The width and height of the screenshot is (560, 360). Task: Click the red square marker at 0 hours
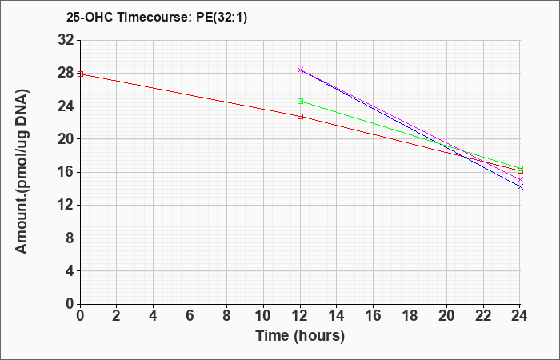80,74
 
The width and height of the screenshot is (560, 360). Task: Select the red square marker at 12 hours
300,117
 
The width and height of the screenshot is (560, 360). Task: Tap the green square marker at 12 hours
300,102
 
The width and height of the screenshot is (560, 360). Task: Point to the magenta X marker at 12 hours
300,70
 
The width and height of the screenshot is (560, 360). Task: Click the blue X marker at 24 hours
520,186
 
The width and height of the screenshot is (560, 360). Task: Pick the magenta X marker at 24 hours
520,180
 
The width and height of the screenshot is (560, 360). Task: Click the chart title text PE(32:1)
222,18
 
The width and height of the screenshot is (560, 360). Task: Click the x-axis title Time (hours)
300,336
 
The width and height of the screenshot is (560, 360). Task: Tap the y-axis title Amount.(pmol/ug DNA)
22,171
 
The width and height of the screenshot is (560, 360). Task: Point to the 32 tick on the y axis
66,40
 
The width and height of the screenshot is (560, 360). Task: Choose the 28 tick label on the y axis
66,74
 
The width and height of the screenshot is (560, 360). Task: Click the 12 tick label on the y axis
66,205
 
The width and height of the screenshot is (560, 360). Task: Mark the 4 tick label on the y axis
70,271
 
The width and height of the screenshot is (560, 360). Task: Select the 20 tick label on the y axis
66,139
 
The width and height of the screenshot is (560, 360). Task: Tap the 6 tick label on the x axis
190,316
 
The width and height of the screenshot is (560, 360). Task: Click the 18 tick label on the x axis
410,316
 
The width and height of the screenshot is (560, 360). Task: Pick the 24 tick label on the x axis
519,316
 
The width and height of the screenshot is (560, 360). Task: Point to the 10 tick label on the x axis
263,316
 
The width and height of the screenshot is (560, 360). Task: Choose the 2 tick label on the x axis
117,316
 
